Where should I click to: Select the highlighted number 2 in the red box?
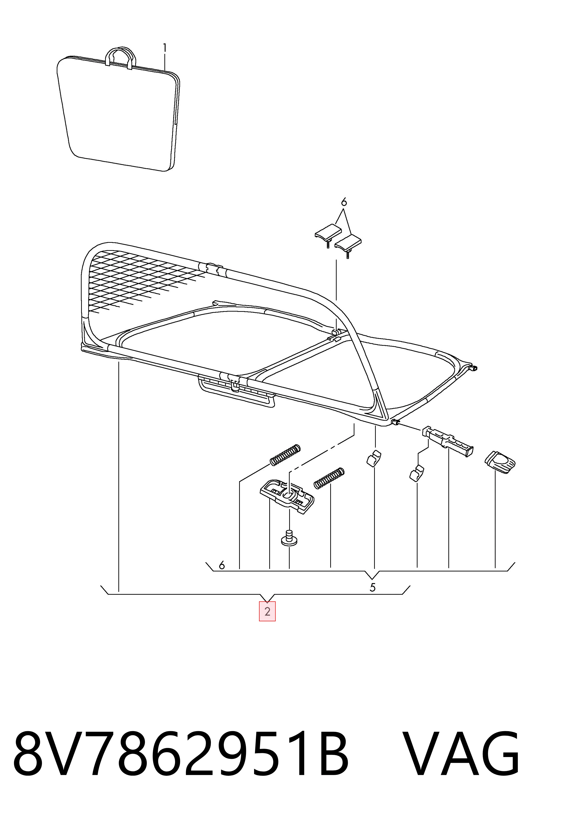[x=267, y=611]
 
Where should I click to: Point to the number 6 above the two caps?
[x=344, y=202]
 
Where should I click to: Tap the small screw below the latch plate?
[x=289, y=538]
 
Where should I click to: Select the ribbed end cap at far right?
[x=500, y=461]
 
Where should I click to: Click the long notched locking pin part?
[x=448, y=441]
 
